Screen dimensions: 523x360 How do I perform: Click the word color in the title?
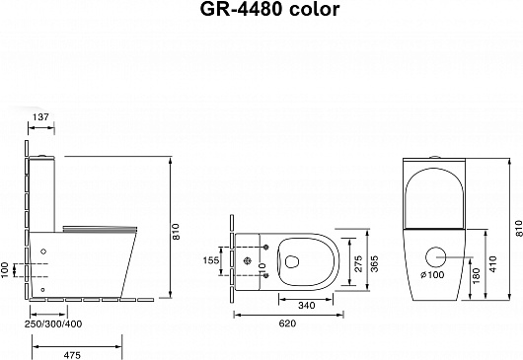coord(314,9)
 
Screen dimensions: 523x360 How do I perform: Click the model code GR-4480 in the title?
coord(241,9)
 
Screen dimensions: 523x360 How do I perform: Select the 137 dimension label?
coord(41,117)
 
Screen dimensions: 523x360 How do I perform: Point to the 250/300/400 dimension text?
coord(53,324)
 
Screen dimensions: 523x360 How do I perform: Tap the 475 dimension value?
coord(72,355)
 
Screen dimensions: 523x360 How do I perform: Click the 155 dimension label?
coord(211,260)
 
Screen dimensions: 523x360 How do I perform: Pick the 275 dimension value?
coord(358,263)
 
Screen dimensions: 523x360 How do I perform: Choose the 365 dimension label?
coord(375,263)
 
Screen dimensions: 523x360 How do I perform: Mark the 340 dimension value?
coord(307,306)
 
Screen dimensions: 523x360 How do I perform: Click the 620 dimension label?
coord(287,324)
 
